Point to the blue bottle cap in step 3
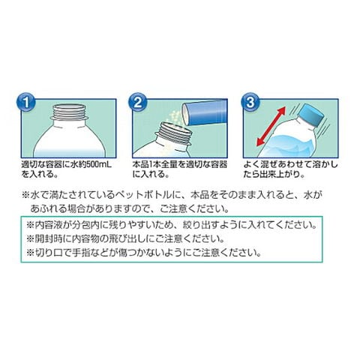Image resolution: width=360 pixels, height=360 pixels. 310,115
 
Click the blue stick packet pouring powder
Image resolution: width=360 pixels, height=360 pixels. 205,112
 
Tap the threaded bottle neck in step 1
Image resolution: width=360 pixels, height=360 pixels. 70,112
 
